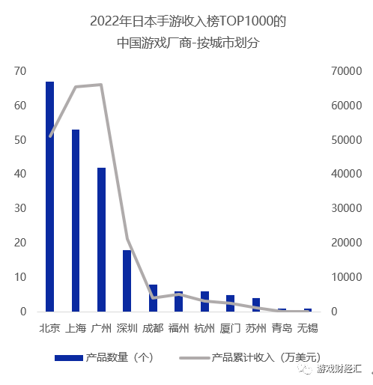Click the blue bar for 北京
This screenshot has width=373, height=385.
pyautogui.click(x=49, y=196)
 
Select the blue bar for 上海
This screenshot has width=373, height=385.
pyautogui.click(x=76, y=220)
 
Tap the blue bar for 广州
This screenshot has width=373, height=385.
pyautogui.click(x=101, y=239)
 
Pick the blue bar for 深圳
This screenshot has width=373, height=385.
pyautogui.click(x=127, y=280)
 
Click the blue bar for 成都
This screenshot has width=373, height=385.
pyautogui.click(x=153, y=297)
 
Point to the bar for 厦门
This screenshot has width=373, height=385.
pyautogui.click(x=230, y=303)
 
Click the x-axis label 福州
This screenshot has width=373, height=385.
pyautogui.click(x=178, y=328)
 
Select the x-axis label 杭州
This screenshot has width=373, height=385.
pyautogui.click(x=204, y=328)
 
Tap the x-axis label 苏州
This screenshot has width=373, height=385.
pyautogui.click(x=255, y=328)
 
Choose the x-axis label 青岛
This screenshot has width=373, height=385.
pyautogui.click(x=282, y=328)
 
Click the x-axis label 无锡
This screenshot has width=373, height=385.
pyautogui.click(x=307, y=328)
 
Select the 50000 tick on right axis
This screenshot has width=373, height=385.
pyautogui.click(x=343, y=140)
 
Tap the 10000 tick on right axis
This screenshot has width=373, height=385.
pyautogui.click(x=343, y=277)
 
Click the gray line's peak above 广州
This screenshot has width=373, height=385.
pyautogui.click(x=101, y=85)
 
